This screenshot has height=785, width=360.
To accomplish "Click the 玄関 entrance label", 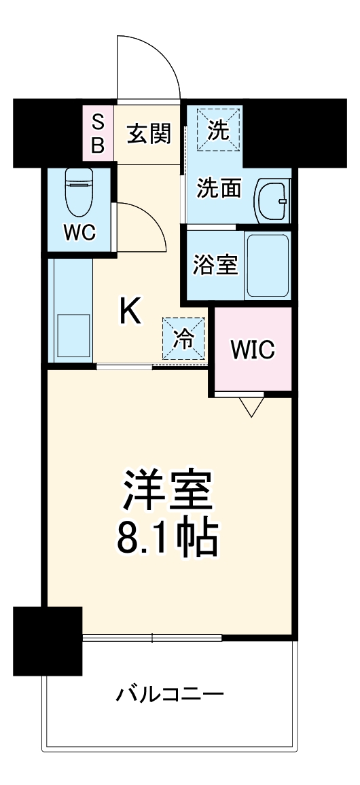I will point(149,134).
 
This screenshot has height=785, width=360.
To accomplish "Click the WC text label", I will point(79,232).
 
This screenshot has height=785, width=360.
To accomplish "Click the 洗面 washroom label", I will point(218,188).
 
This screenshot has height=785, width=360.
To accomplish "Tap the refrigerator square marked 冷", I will point(183,338).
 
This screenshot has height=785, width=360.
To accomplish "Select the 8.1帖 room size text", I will point(169,540).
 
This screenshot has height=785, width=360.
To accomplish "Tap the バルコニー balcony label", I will point(170,694).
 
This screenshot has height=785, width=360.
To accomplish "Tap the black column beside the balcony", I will point(48,640).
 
